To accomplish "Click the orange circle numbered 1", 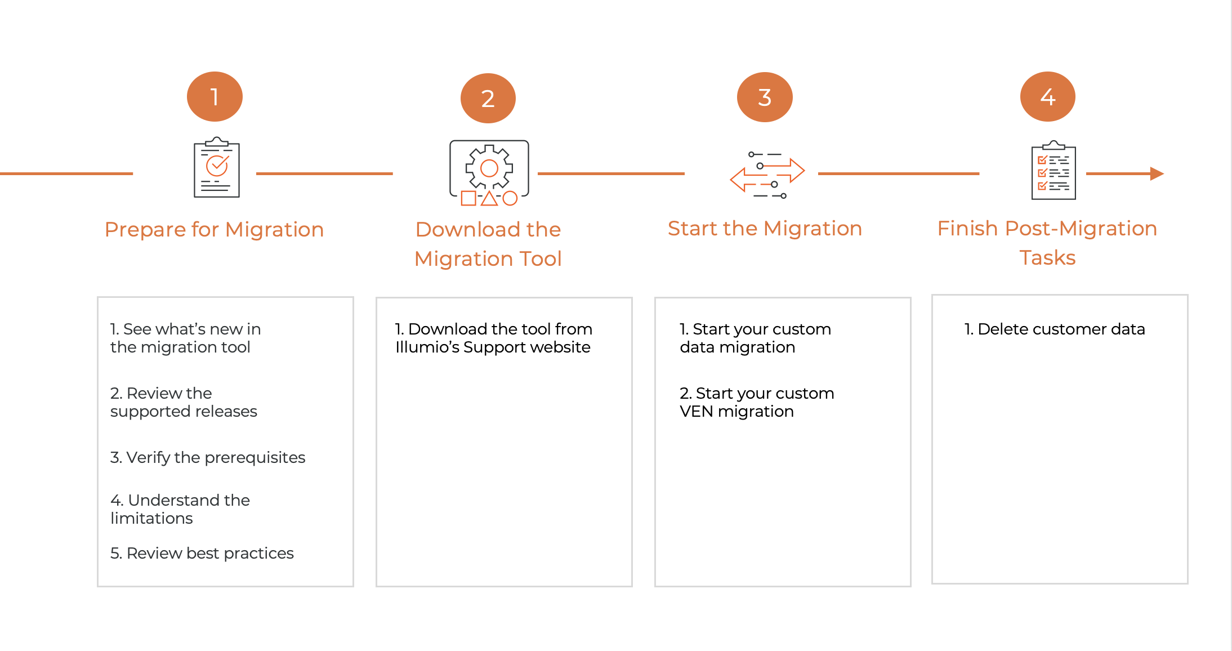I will pyautogui.click(x=215, y=97).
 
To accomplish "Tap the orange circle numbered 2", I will pyautogui.click(x=488, y=99).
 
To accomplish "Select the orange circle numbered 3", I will pyautogui.click(x=765, y=97).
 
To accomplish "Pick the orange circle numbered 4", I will pyautogui.click(x=1047, y=97).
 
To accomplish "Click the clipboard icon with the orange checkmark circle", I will pyautogui.click(x=217, y=168).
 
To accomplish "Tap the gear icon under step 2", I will pyautogui.click(x=489, y=168).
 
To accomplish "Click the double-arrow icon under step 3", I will pyautogui.click(x=767, y=175).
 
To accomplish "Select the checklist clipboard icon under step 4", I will pyautogui.click(x=1054, y=171).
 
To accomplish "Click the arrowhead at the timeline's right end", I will pyautogui.click(x=1157, y=173).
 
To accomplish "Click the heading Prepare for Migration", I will pyautogui.click(x=214, y=230).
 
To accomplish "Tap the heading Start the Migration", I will pyautogui.click(x=765, y=229).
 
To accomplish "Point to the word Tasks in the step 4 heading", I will pyautogui.click(x=1047, y=258).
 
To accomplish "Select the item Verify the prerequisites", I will pyautogui.click(x=208, y=457).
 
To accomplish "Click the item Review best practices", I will pyautogui.click(x=202, y=553).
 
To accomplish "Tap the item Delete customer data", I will pyautogui.click(x=1055, y=329).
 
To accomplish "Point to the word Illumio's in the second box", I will pyautogui.click(x=427, y=347).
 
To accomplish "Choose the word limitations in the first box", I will pyautogui.click(x=151, y=518).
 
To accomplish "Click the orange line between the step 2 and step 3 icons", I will pyautogui.click(x=611, y=173).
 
